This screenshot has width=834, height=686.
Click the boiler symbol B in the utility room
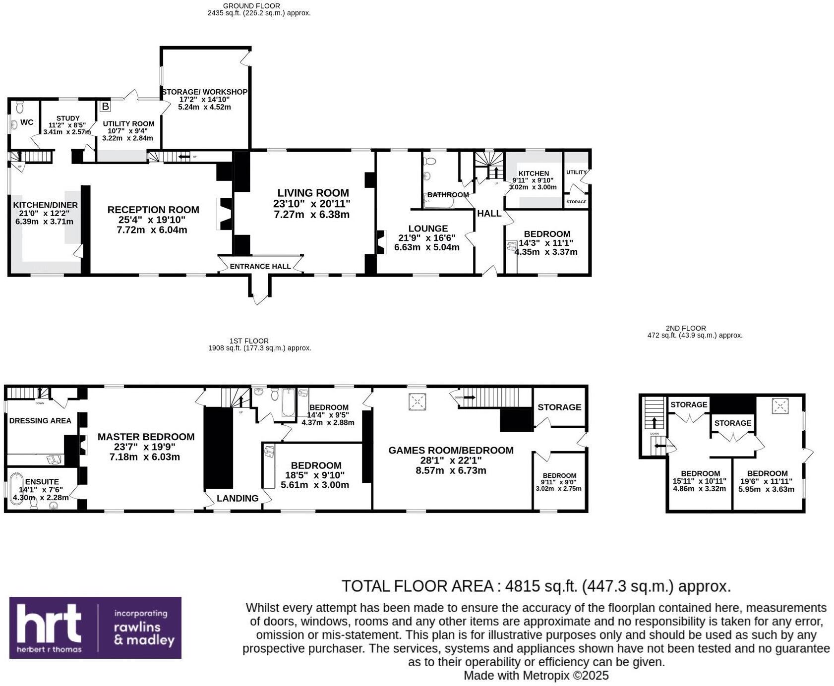105,106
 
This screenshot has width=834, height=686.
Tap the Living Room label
313,193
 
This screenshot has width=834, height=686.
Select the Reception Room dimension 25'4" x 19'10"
153,220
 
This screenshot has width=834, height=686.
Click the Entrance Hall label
260,266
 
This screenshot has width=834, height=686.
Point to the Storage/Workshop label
204,92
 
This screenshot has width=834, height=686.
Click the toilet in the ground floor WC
20,107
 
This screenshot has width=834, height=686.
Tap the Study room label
68,118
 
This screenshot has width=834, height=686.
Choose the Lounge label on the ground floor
428,229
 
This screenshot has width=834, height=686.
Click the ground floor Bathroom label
448,195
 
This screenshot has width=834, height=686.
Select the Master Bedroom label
146,437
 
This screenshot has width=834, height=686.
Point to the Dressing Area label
40,420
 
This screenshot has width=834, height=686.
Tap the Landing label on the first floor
238,498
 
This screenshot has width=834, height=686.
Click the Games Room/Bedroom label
451,450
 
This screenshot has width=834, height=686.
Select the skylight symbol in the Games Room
417,401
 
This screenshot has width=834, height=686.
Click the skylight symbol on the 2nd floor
780,407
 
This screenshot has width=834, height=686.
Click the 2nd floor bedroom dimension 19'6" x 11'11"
767,481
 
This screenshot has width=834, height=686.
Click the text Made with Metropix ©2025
536,675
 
